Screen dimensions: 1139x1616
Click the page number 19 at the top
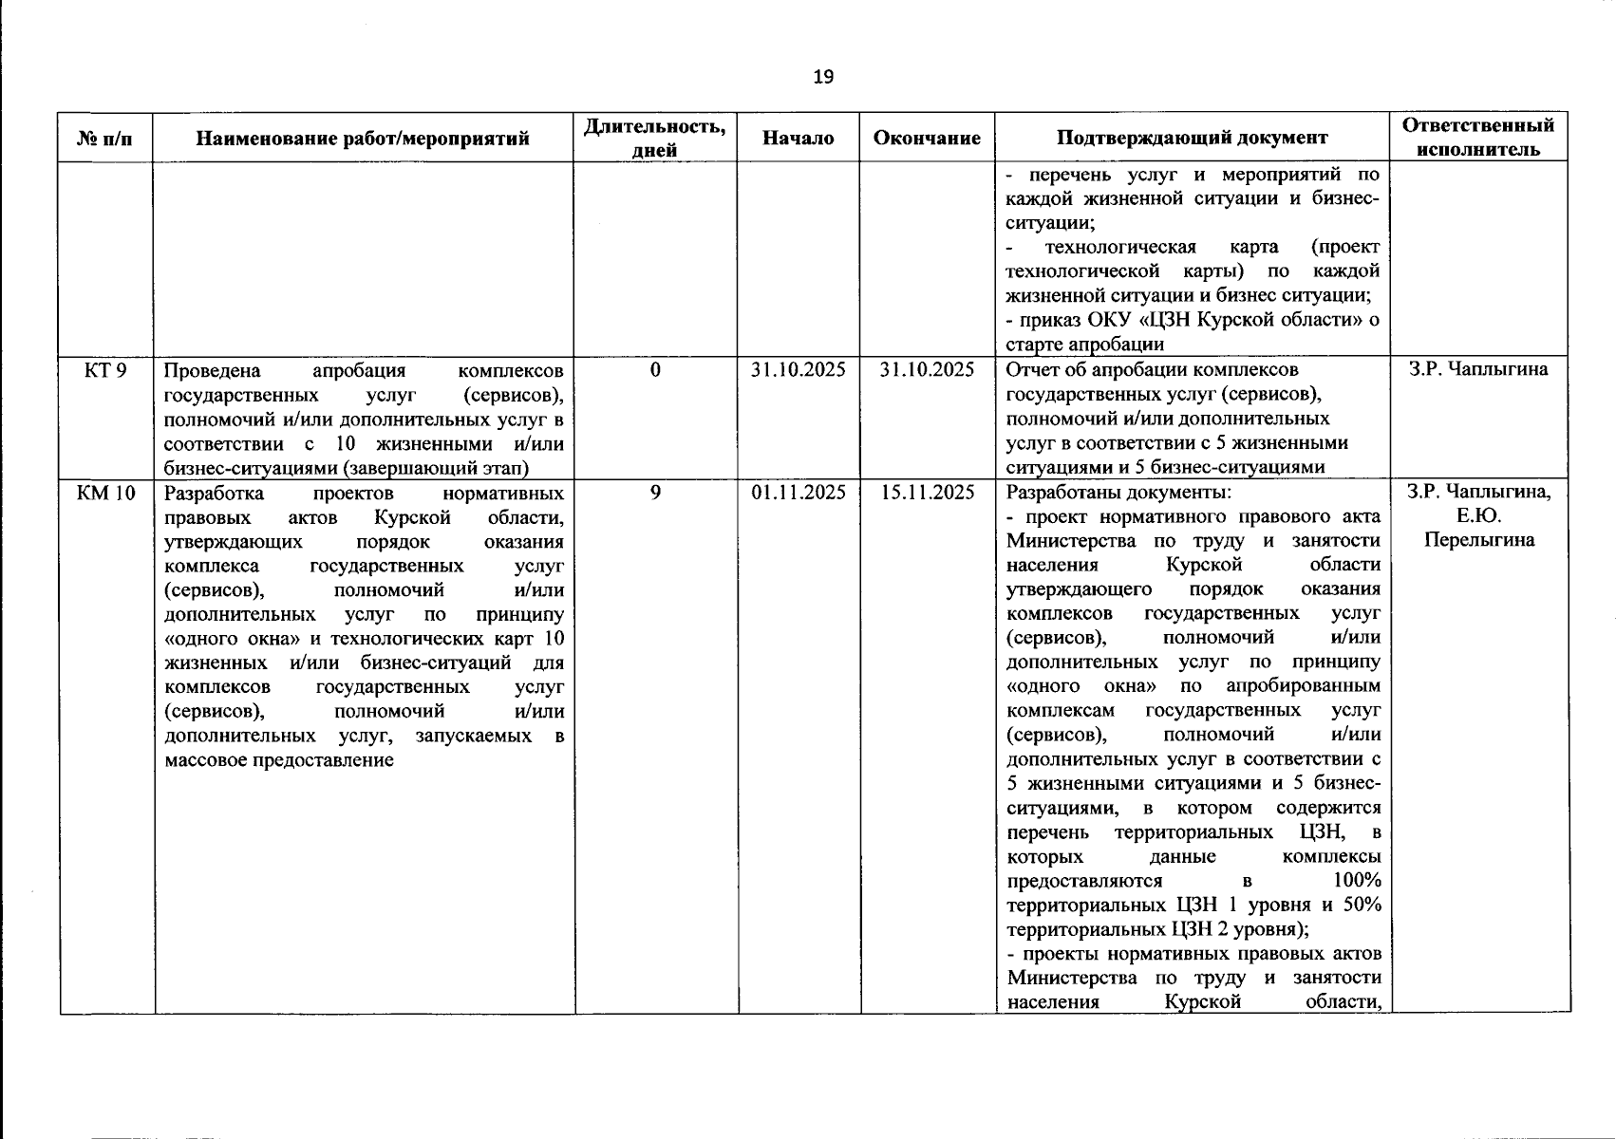[x=823, y=77]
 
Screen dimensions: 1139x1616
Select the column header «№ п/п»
[x=104, y=139]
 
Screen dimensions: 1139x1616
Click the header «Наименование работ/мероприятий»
[x=363, y=139]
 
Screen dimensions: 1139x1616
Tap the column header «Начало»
[x=798, y=139]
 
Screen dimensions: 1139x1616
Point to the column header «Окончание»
[x=926, y=139]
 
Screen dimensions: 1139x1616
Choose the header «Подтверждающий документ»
[x=1192, y=139]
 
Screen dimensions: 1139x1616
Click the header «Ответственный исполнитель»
[x=1477, y=138]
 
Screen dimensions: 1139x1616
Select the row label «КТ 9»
[x=104, y=370]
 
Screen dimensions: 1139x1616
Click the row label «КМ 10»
[x=105, y=493]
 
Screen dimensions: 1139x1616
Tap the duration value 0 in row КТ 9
[x=655, y=370]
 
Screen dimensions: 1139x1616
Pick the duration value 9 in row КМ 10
[x=655, y=493]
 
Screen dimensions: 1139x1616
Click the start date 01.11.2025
[x=798, y=493]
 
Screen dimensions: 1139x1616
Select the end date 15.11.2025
[x=926, y=493]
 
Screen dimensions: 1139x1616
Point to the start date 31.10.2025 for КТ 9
[x=798, y=370]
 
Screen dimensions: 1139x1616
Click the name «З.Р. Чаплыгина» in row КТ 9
[x=1477, y=370]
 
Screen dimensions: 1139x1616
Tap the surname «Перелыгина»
[x=1477, y=541]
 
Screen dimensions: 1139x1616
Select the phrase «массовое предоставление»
[x=278, y=760]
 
